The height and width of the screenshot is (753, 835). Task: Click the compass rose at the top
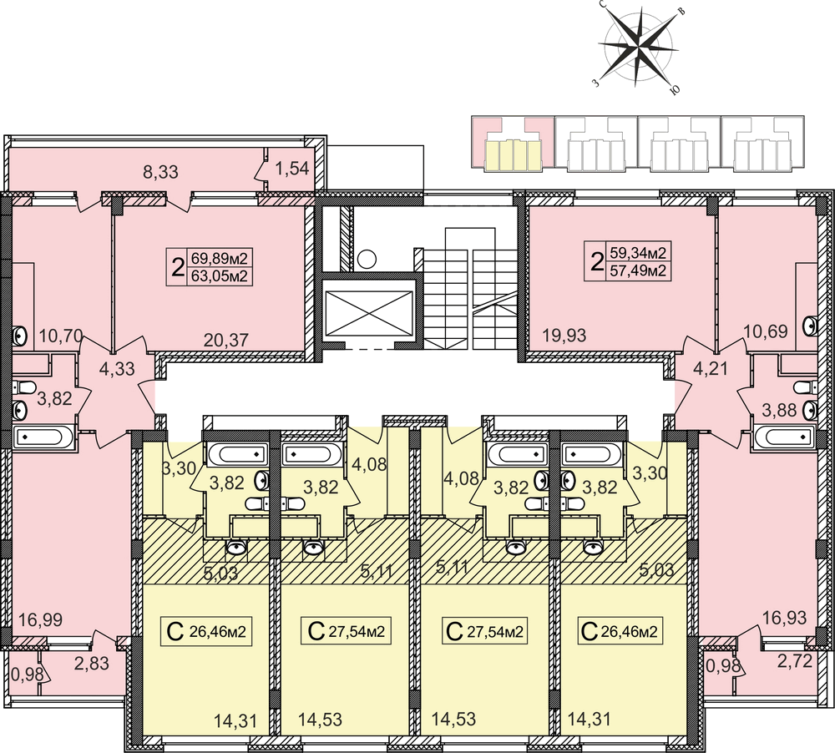(638, 48)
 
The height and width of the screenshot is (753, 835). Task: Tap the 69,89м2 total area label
(220, 259)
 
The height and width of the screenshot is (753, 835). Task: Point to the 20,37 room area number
(226, 340)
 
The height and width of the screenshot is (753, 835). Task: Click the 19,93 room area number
(564, 336)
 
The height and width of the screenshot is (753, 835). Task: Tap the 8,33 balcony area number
(161, 172)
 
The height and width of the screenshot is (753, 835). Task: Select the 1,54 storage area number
(292, 169)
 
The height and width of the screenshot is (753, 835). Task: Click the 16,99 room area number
(40, 620)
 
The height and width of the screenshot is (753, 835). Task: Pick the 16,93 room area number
(784, 618)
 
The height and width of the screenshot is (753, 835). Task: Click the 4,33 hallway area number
(117, 368)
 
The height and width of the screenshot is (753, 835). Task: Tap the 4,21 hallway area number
(710, 368)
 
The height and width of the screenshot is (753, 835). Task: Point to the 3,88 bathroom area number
(779, 410)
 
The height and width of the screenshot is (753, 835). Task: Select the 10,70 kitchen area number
(61, 336)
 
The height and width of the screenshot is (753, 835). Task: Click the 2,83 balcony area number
(92, 663)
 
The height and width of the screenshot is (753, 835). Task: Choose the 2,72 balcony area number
(795, 661)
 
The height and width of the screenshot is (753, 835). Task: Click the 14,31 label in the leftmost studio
(235, 721)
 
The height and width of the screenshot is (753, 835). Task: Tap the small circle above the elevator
(367, 260)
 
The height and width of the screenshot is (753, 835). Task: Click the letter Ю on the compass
(675, 90)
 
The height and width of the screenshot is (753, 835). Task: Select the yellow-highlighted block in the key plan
(513, 155)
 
